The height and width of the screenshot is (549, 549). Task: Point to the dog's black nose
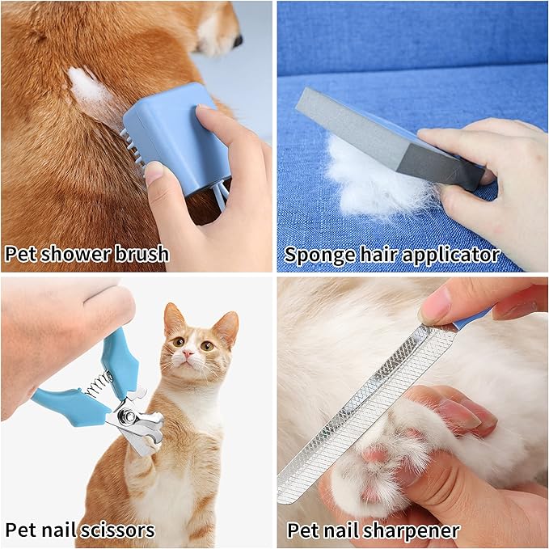(x=237, y=38)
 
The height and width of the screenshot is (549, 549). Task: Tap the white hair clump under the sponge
(x=372, y=182)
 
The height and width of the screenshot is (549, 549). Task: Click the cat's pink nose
(x=187, y=354)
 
